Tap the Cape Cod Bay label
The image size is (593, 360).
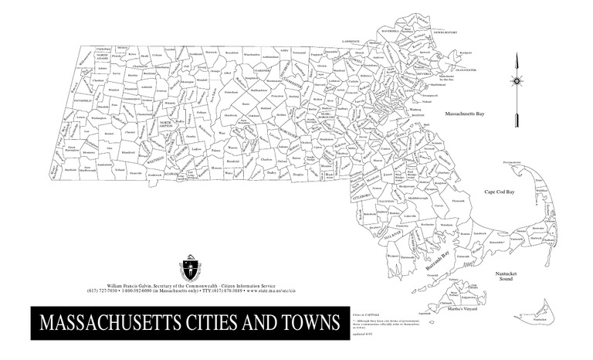(x=499, y=190)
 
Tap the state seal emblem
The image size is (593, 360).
(x=190, y=268)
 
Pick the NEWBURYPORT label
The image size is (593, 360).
(x=444, y=33)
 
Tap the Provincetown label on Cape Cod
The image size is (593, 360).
(x=513, y=164)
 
